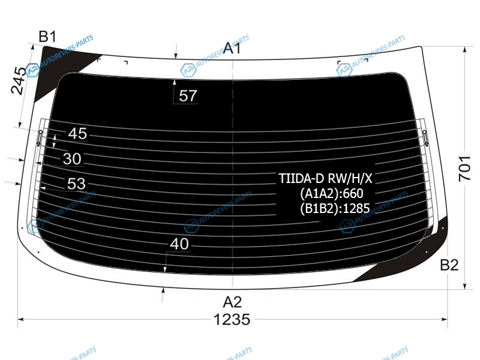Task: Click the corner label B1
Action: (x=48, y=37)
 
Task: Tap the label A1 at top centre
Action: (x=232, y=49)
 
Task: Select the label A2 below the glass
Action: (x=232, y=302)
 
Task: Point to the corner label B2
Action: (x=449, y=265)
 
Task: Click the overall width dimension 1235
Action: (x=232, y=320)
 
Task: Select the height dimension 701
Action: (x=464, y=169)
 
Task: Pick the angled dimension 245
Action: (x=19, y=80)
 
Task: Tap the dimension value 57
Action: (x=188, y=96)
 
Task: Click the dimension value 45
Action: (x=77, y=134)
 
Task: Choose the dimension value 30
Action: (x=72, y=159)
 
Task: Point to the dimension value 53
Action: (x=76, y=184)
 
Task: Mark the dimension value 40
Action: (x=179, y=244)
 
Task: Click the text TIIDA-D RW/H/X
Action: (x=325, y=178)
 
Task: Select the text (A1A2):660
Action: (x=332, y=193)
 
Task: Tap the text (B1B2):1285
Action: (x=335, y=208)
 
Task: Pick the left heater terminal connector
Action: (x=40, y=137)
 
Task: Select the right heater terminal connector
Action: (x=425, y=137)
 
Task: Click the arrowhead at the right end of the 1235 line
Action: (x=444, y=320)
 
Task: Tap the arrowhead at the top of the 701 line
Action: (x=464, y=50)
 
